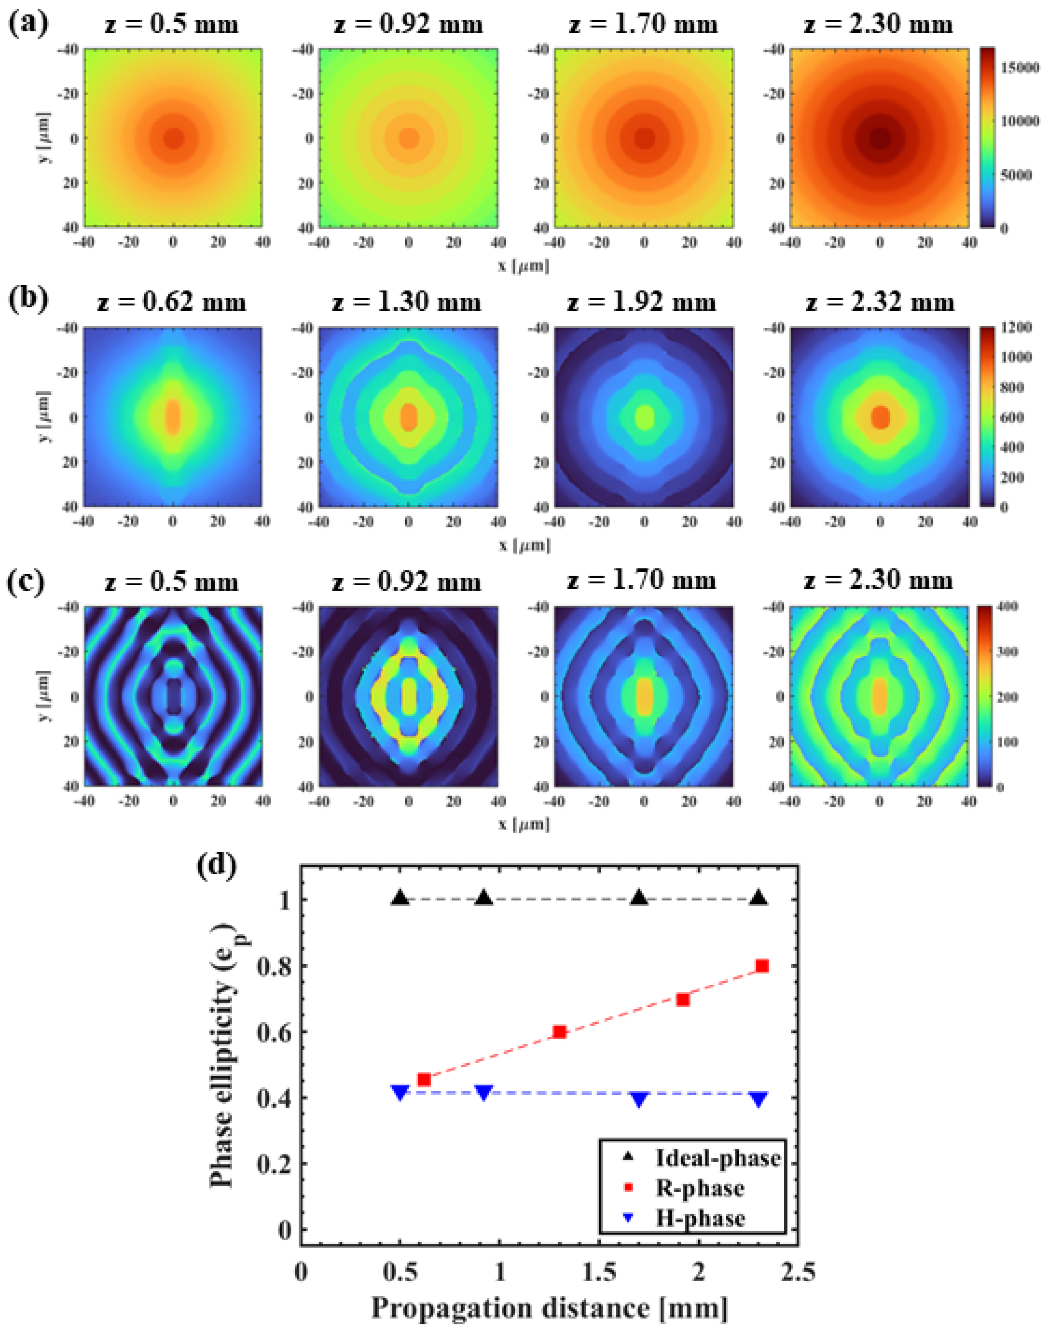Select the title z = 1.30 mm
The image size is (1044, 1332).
click(407, 303)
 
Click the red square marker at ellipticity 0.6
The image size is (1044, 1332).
click(559, 1032)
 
